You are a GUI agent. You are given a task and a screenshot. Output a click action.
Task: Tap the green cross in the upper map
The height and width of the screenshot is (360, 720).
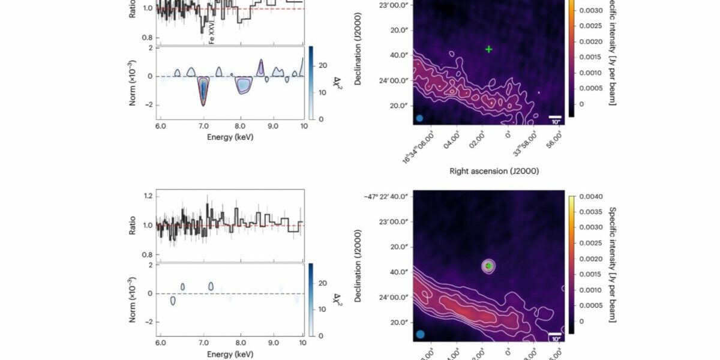[x=489, y=49]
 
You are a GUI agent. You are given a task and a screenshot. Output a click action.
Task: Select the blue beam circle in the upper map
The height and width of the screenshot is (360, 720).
[x=420, y=118]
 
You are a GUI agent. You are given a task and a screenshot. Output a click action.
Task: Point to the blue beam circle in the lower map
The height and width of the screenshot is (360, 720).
[x=420, y=334]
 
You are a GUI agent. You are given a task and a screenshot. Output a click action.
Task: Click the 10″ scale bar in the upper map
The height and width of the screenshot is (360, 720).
[x=555, y=118]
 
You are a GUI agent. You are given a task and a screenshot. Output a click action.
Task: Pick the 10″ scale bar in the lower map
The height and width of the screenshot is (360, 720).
[x=555, y=334]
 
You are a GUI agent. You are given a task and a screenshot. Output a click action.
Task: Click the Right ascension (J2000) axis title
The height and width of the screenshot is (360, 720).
[x=494, y=171]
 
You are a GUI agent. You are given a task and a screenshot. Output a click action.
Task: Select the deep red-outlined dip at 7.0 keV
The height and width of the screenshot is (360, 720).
[x=203, y=91]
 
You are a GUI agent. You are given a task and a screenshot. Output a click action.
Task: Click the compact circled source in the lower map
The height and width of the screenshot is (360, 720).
[x=489, y=266]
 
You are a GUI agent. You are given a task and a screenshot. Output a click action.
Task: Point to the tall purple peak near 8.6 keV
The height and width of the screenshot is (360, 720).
[x=261, y=67]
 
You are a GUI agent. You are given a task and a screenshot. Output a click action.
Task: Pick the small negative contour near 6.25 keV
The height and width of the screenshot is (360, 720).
[x=173, y=301]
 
